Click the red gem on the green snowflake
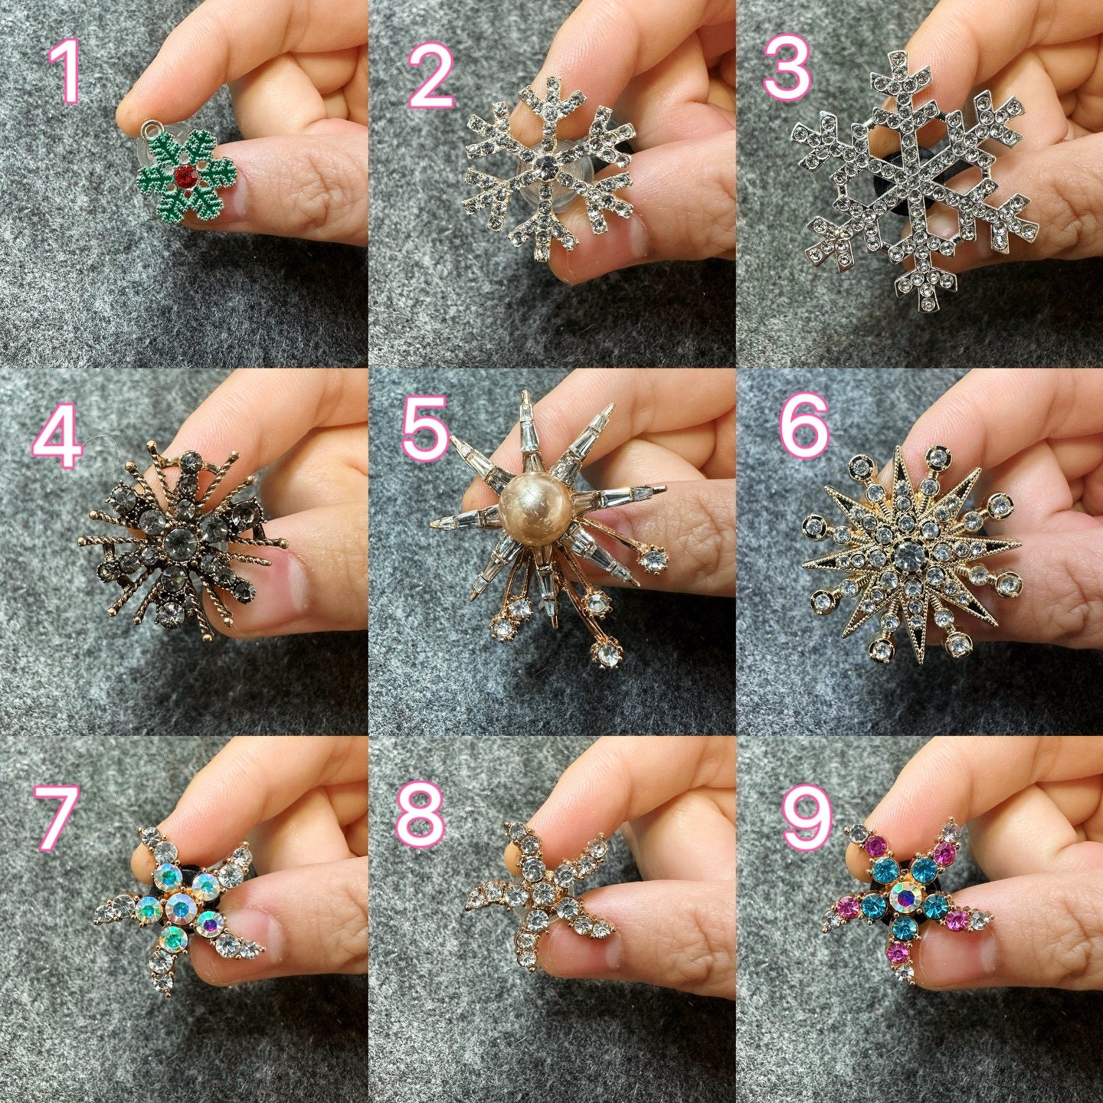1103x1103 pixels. [185, 178]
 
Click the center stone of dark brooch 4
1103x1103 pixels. [175, 541]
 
